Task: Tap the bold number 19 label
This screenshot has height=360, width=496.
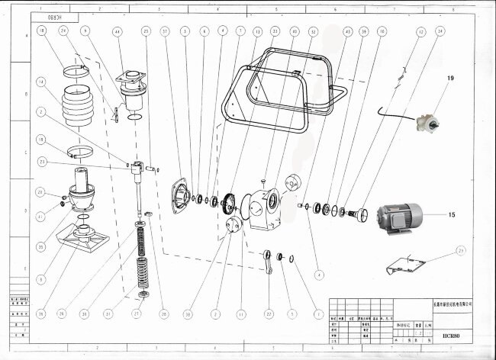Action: click(449, 79)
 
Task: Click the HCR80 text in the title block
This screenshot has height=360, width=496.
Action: click(451, 334)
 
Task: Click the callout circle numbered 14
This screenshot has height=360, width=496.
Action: click(40, 81)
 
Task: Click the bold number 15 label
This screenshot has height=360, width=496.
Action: click(451, 215)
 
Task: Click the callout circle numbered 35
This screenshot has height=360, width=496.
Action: click(40, 246)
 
